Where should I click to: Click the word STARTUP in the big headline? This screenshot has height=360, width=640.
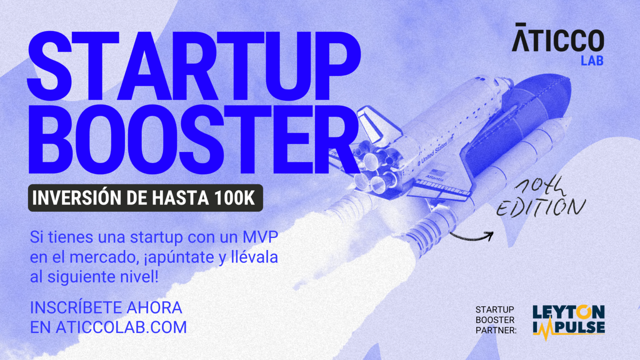194,67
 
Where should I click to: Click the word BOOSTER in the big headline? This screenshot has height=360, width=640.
194,140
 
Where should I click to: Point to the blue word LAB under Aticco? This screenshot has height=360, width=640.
592,61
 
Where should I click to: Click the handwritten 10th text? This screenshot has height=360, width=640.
540,186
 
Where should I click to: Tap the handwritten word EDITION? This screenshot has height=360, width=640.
541,207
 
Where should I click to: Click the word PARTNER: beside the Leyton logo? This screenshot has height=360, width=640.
496,330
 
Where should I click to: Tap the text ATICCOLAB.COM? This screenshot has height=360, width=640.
121,327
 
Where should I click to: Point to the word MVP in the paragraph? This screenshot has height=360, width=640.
260,237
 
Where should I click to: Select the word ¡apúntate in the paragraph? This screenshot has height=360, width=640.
179,257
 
